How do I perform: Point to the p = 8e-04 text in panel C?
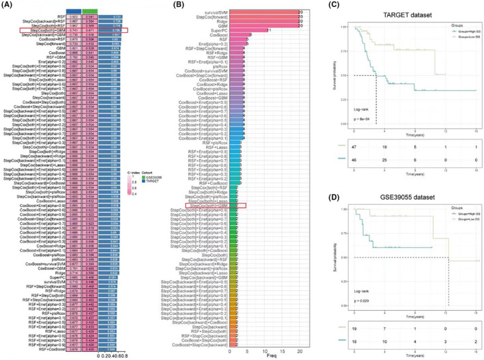coord(362,119)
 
